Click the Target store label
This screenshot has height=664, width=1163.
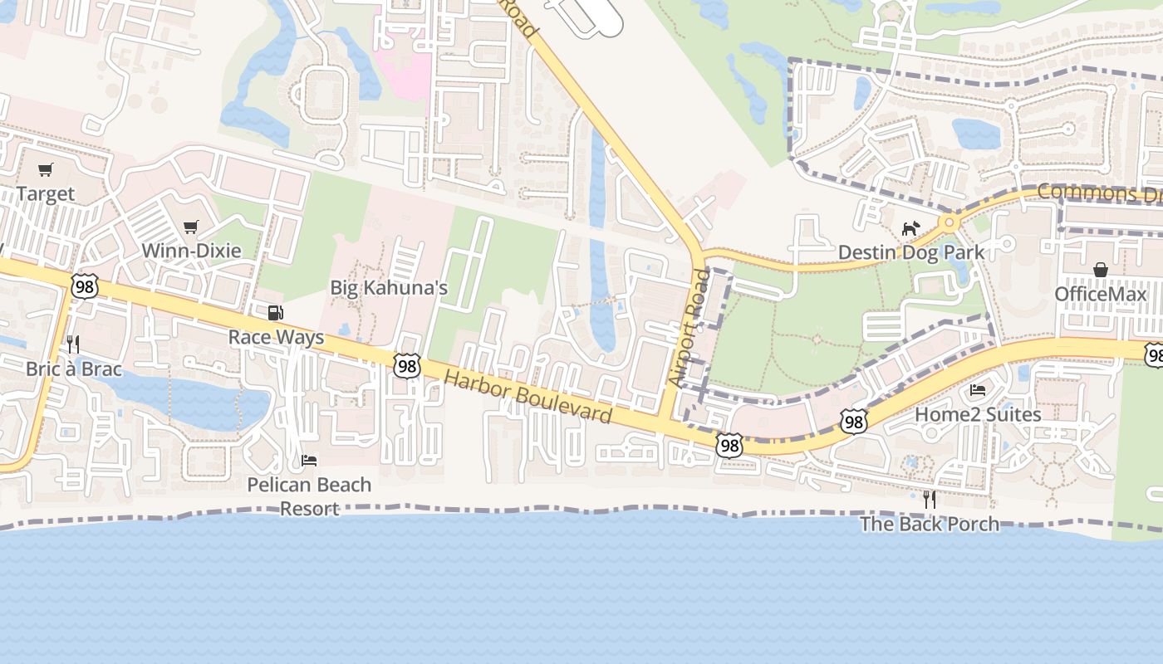[x=46, y=194]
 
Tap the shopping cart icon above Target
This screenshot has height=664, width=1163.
[x=46, y=170]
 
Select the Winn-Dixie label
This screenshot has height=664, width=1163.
[x=191, y=251]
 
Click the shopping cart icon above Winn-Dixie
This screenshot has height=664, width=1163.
[x=191, y=227]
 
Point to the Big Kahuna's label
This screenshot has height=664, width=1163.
[x=389, y=288]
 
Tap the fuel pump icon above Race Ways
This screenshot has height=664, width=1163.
[x=275, y=313]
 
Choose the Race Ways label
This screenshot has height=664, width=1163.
[x=276, y=338]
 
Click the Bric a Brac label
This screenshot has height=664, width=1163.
[x=73, y=369]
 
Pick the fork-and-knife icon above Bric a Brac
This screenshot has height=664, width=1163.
[x=73, y=344]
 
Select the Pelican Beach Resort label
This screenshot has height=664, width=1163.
[x=309, y=496]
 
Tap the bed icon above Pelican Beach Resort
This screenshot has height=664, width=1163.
[x=309, y=460]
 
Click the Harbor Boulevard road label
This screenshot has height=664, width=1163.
[x=528, y=397]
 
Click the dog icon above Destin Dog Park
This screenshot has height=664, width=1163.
[x=911, y=227]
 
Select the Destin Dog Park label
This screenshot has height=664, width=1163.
[x=911, y=252]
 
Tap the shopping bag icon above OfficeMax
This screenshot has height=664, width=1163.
[x=1101, y=270]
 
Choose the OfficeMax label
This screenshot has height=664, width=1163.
[x=1101, y=295]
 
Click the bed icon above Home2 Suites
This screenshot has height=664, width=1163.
[x=978, y=389]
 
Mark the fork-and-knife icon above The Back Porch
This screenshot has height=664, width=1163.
[x=929, y=499]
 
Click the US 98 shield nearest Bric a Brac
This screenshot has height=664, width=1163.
[x=84, y=286]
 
